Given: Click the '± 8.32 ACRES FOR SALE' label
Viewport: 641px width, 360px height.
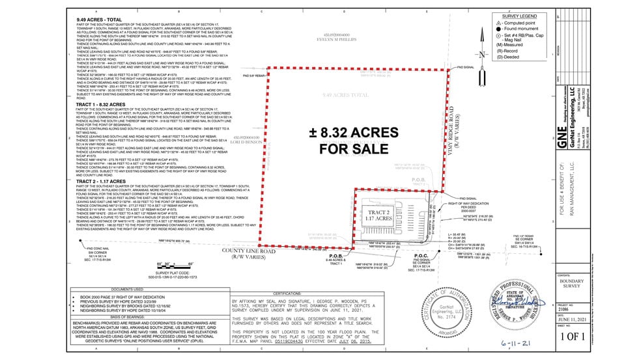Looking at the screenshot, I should (x=353, y=141).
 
